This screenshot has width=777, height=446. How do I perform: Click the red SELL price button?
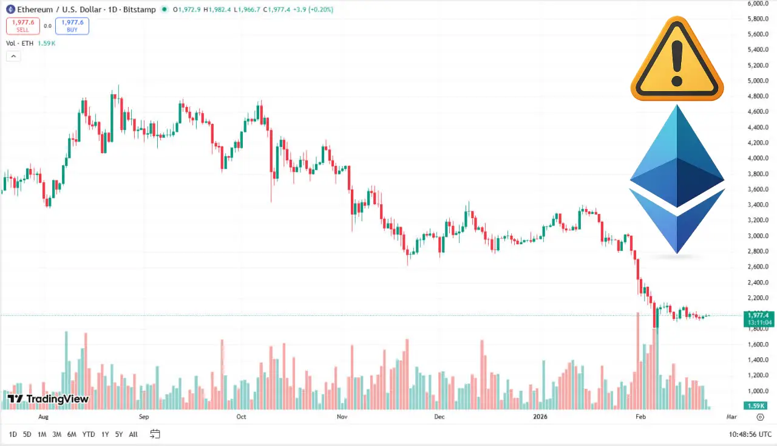point(22,26)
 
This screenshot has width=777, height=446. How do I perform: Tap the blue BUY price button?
point(72,26)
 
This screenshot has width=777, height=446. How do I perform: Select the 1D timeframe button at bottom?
point(13,434)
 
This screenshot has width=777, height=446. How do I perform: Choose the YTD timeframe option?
point(88,434)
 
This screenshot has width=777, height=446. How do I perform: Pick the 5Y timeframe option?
point(118,434)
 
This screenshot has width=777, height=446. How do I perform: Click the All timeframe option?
point(133,434)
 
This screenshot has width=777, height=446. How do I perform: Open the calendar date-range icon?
point(155,434)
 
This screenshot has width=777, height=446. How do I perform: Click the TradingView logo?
point(48,399)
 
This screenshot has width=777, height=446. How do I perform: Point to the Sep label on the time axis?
point(144,417)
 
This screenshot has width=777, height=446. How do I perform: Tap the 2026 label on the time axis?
point(540,417)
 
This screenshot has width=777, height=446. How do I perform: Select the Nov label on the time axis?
point(342,417)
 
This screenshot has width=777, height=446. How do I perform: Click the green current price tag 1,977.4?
point(759,315)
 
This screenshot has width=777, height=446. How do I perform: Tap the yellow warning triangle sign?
point(677,59)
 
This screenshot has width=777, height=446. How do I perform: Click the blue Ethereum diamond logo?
point(677,179)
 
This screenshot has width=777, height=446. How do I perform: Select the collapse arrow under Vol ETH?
point(13,56)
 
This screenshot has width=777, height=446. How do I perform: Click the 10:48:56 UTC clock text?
point(750,434)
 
